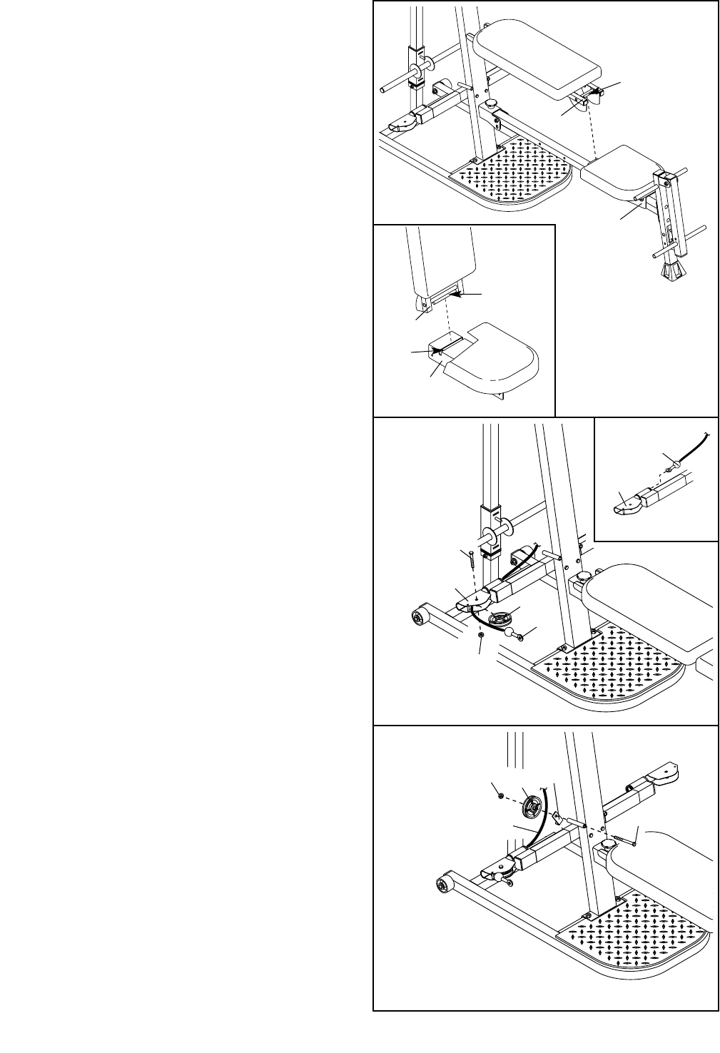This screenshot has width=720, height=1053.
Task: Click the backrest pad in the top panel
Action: click(x=539, y=58)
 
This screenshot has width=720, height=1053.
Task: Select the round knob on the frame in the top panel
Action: click(x=492, y=105)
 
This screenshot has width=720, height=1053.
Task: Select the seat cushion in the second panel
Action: click(x=492, y=360)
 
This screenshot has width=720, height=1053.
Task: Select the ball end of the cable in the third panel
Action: click(x=509, y=632)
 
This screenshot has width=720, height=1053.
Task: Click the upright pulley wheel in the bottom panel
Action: click(x=532, y=808)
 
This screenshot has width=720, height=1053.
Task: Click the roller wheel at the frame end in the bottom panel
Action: click(x=445, y=885)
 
